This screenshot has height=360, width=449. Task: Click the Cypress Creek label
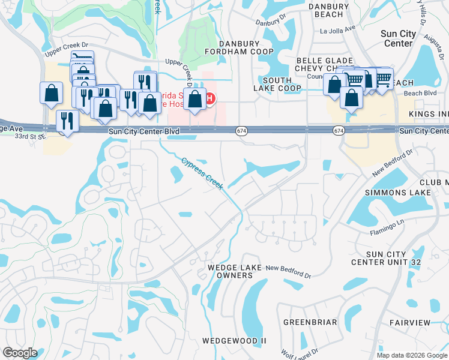pyautogui.click(x=202, y=173)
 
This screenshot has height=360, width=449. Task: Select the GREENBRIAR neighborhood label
pyautogui.click(x=310, y=322)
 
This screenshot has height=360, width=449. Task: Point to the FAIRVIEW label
pyautogui.click(x=410, y=322)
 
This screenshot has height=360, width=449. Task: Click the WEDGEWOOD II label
pyautogui.click(x=234, y=340)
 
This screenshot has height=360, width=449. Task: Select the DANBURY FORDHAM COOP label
pyautogui.click(x=240, y=48)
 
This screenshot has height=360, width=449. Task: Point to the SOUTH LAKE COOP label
pyautogui.click(x=282, y=84)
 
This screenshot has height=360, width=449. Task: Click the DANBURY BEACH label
pyautogui.click(x=329, y=10)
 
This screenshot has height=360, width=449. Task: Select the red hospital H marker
pyautogui.click(x=210, y=98)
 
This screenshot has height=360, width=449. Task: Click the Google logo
pyautogui.click(x=20, y=353)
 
